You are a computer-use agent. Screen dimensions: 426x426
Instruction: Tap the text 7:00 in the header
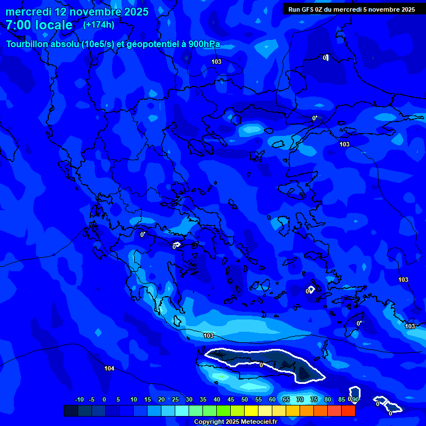(x=18, y=25)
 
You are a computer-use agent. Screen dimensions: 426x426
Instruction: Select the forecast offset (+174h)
(x=99, y=24)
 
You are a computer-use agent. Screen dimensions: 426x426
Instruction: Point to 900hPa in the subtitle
(x=205, y=44)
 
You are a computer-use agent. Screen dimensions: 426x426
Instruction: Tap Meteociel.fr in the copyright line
(x=256, y=422)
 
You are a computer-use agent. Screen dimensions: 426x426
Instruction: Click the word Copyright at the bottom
(x=209, y=422)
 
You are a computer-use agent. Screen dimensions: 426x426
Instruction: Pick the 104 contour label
(x=109, y=368)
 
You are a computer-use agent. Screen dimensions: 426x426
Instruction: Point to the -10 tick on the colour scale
(x=79, y=399)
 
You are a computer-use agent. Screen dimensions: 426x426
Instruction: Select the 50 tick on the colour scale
(x=245, y=399)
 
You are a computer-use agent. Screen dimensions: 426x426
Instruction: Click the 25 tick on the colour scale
(x=175, y=399)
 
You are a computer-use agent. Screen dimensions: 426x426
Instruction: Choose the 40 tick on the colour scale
(x=217, y=399)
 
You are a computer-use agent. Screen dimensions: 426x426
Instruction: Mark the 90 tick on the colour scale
(x=355, y=399)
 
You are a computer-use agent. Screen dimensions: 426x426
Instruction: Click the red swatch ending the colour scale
(x=348, y=410)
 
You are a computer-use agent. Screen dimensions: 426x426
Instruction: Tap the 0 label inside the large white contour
(x=261, y=365)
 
